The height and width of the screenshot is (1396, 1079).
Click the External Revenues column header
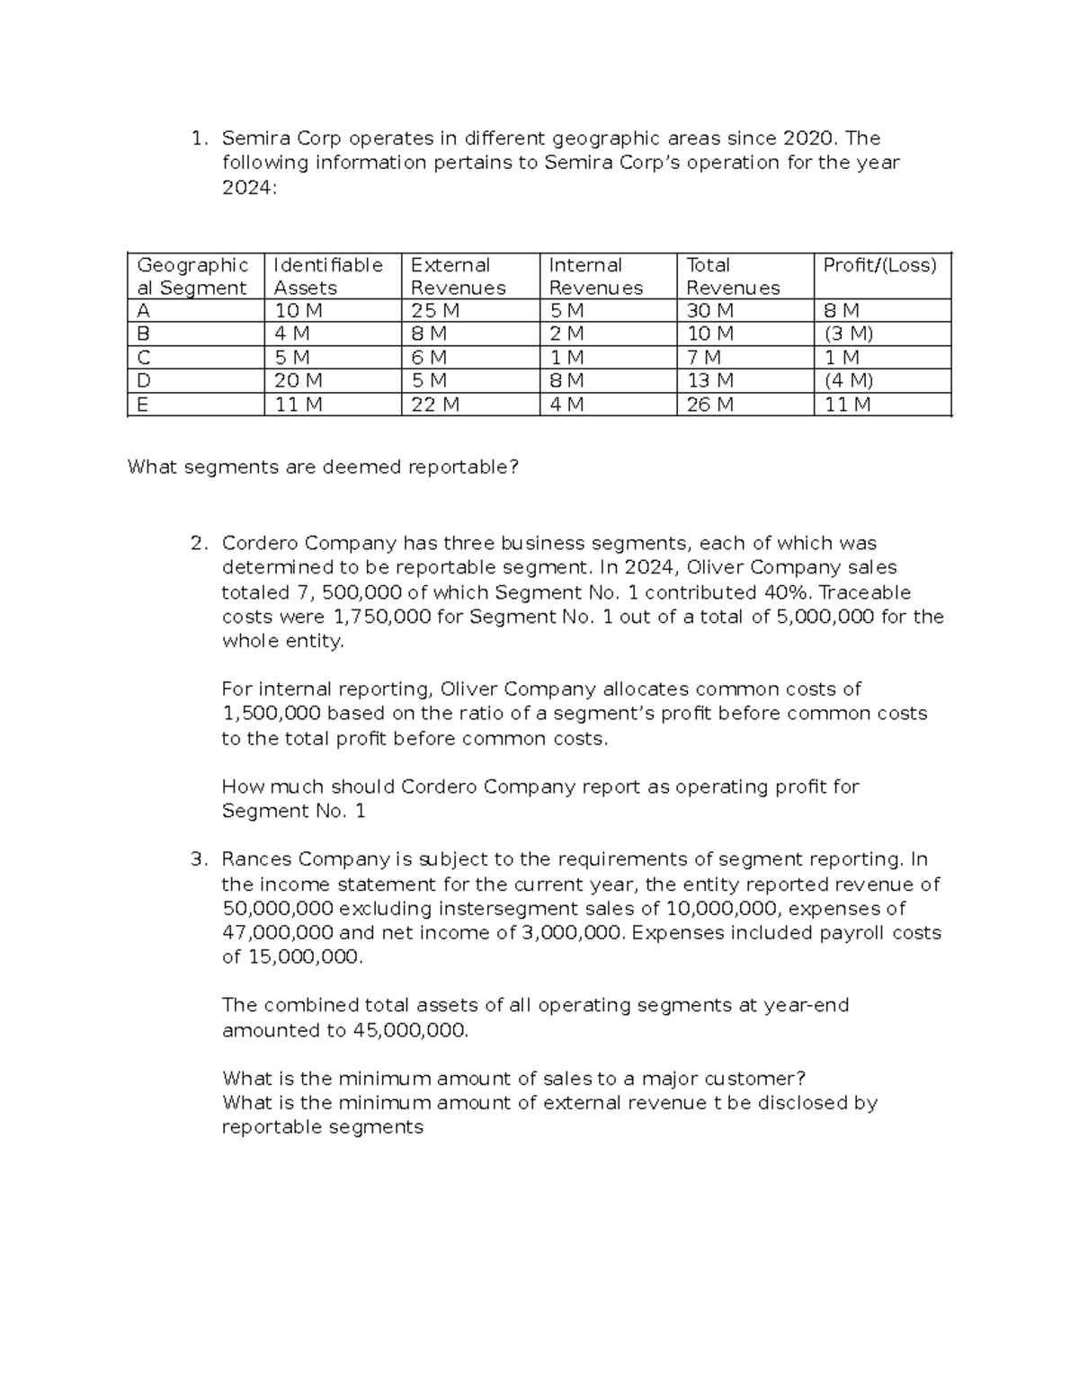pos(458,276)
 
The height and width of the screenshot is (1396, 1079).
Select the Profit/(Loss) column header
pos(879,265)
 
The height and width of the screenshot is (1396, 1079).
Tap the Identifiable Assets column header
pos(327,276)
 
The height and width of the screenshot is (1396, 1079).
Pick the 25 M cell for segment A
pos(435,311)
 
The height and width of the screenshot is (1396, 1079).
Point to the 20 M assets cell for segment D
pos(298,381)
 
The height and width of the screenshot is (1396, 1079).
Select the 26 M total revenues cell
pos(709,405)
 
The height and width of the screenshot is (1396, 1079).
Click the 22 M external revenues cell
pos(435,405)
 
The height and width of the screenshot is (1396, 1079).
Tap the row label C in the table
pos(144,358)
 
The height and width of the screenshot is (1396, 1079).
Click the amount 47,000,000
pos(278,932)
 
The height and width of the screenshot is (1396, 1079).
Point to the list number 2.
pos(199,544)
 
